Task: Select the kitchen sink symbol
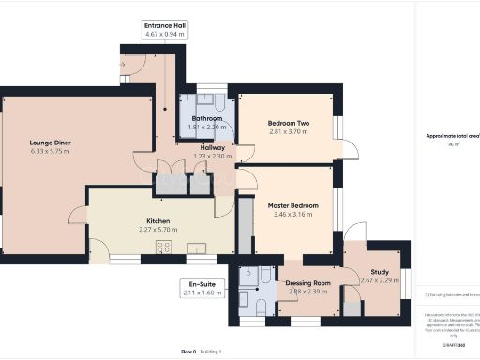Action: coord(198,247)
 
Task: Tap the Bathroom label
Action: coord(206,119)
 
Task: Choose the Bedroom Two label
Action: coord(288,124)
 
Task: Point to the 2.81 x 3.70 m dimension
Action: coord(288,132)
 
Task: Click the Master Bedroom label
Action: coord(292,205)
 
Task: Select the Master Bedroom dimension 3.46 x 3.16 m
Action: coord(292,214)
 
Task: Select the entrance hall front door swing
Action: coord(132,64)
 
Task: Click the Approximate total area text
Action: coord(451,136)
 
